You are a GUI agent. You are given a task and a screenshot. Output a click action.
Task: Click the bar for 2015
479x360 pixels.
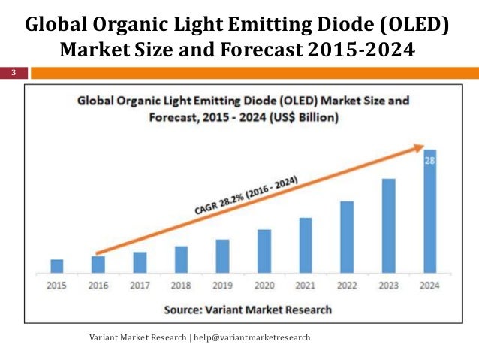click(x=57, y=265)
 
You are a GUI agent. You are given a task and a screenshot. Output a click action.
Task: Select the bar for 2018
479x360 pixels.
click(x=181, y=259)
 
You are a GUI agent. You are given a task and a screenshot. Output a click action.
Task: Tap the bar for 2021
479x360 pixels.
click(x=305, y=244)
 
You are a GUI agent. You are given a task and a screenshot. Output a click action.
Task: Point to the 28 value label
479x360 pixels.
click(x=429, y=159)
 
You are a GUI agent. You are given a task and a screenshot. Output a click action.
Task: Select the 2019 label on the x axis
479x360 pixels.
click(x=222, y=286)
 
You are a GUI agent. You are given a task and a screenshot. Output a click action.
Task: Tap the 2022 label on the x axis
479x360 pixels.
click(x=347, y=286)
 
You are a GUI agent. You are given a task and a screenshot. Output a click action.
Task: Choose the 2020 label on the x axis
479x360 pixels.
click(x=264, y=286)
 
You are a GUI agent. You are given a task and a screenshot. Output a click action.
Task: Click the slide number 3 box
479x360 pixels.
click(x=13, y=73)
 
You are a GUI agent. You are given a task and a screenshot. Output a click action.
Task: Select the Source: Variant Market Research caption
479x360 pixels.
click(x=247, y=309)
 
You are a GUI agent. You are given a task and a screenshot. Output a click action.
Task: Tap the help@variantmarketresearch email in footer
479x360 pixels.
click(x=252, y=338)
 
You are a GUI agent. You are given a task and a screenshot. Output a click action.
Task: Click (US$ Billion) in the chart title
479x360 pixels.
click(x=300, y=118)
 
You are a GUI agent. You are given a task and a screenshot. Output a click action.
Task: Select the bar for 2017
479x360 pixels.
click(x=140, y=262)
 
